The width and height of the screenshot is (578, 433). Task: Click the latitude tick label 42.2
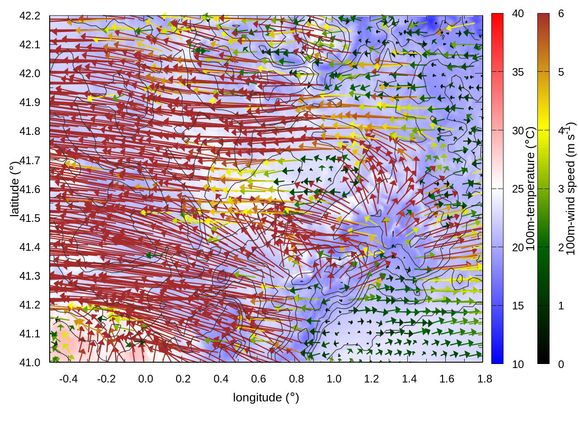tap(30, 16)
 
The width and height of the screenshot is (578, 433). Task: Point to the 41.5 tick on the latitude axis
tap(30, 218)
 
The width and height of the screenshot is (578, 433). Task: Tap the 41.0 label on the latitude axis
tap(30, 363)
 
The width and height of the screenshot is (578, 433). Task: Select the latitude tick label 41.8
tap(30, 131)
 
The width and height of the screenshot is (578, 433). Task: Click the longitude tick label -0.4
tap(69, 379)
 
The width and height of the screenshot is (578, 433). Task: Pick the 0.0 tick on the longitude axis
tap(145, 379)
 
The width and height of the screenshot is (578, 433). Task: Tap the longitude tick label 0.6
tap(259, 379)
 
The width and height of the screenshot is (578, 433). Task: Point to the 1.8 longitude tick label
tap(485, 379)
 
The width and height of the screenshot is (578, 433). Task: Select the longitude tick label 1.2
tap(372, 379)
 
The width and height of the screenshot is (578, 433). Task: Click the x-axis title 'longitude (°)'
tap(266, 397)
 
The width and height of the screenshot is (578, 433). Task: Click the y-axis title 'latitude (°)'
tap(15, 189)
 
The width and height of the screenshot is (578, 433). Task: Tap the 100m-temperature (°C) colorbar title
tap(531, 189)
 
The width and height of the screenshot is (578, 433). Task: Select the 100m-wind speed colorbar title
tap(570, 189)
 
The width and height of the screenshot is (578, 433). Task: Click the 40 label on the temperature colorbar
tap(518, 14)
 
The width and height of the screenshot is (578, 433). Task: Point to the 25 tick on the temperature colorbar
tap(518, 189)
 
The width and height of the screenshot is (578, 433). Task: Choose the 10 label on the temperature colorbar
tap(518, 364)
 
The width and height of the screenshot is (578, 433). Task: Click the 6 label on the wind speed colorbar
tap(561, 14)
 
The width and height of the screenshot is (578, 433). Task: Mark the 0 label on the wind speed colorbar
tap(561, 364)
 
